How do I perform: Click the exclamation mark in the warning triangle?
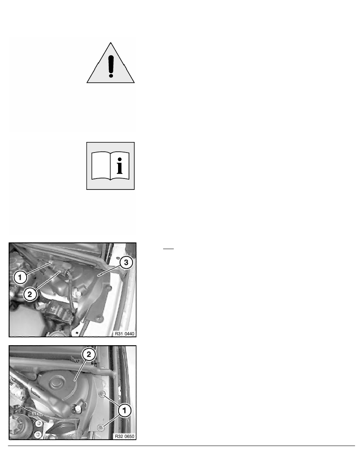pyautogui.click(x=111, y=63)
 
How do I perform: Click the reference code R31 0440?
pyautogui.click(x=124, y=333)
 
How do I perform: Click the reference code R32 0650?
pyautogui.click(x=124, y=436)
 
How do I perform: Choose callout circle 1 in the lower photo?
pyautogui.click(x=125, y=411)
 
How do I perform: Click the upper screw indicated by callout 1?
pyautogui.click(x=102, y=394)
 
